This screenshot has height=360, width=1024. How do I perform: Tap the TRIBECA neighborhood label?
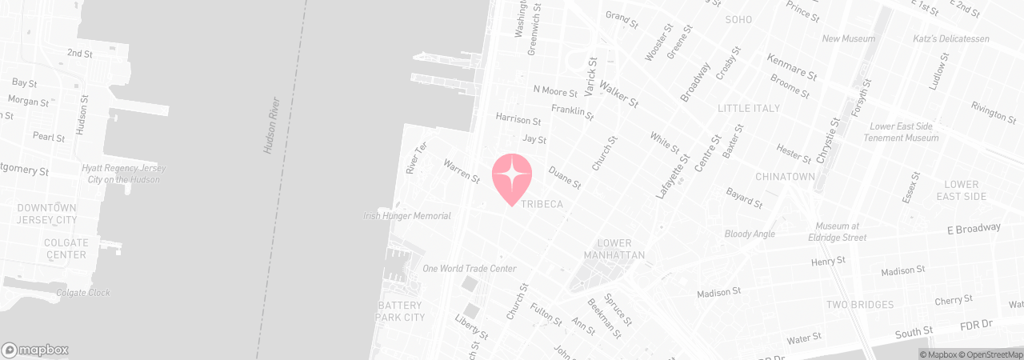point(542,205)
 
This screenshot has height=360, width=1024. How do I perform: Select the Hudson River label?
point(271,126)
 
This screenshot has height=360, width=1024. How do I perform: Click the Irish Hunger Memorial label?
point(407,216)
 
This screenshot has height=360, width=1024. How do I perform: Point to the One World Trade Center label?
point(469,269)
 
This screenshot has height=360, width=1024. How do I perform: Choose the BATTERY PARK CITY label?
point(401,312)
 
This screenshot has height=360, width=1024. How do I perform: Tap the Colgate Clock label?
point(83,293)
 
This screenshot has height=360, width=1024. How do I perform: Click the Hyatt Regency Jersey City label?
point(123,174)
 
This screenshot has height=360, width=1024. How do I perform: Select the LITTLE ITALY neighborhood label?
point(750,108)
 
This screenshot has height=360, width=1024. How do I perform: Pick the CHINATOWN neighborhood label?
point(785,176)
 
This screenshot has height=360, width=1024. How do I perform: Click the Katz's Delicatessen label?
point(951,38)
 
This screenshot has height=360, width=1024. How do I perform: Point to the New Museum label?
point(849,38)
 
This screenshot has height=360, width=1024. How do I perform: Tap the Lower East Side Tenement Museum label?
point(901,132)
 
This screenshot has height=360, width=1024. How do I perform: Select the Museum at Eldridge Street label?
point(837,232)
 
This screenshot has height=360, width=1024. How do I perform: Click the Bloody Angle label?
point(750,234)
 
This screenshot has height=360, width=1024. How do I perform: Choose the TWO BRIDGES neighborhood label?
point(861,305)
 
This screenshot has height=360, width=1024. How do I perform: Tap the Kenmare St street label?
point(791,66)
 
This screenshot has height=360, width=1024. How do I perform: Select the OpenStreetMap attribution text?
point(994,354)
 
